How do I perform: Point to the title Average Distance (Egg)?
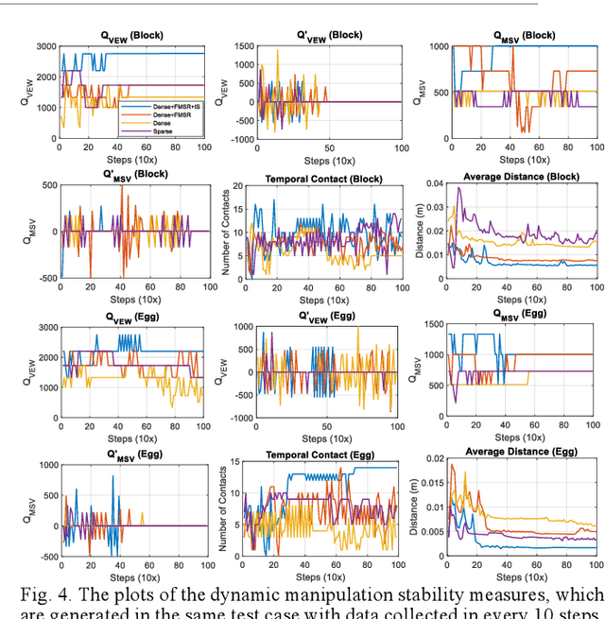click(x=513, y=452)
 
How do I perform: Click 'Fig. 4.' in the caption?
click(x=48, y=594)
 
